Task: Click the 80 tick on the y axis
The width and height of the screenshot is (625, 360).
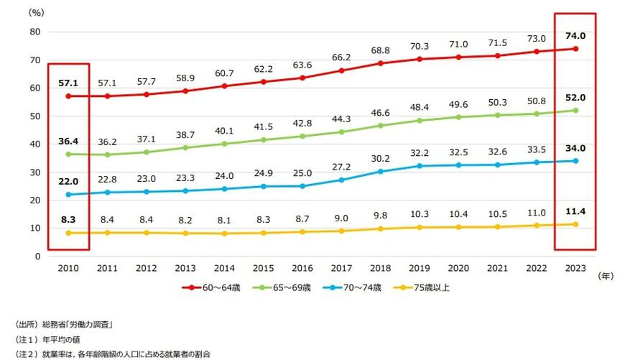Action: tap(34, 32)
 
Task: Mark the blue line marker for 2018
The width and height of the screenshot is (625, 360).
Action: tap(381, 172)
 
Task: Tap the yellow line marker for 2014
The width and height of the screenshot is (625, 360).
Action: tap(225, 234)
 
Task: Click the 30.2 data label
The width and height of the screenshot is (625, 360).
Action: tap(381, 159)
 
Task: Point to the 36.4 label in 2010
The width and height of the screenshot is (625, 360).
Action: tap(69, 142)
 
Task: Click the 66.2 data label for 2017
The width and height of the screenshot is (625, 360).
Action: tap(341, 57)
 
